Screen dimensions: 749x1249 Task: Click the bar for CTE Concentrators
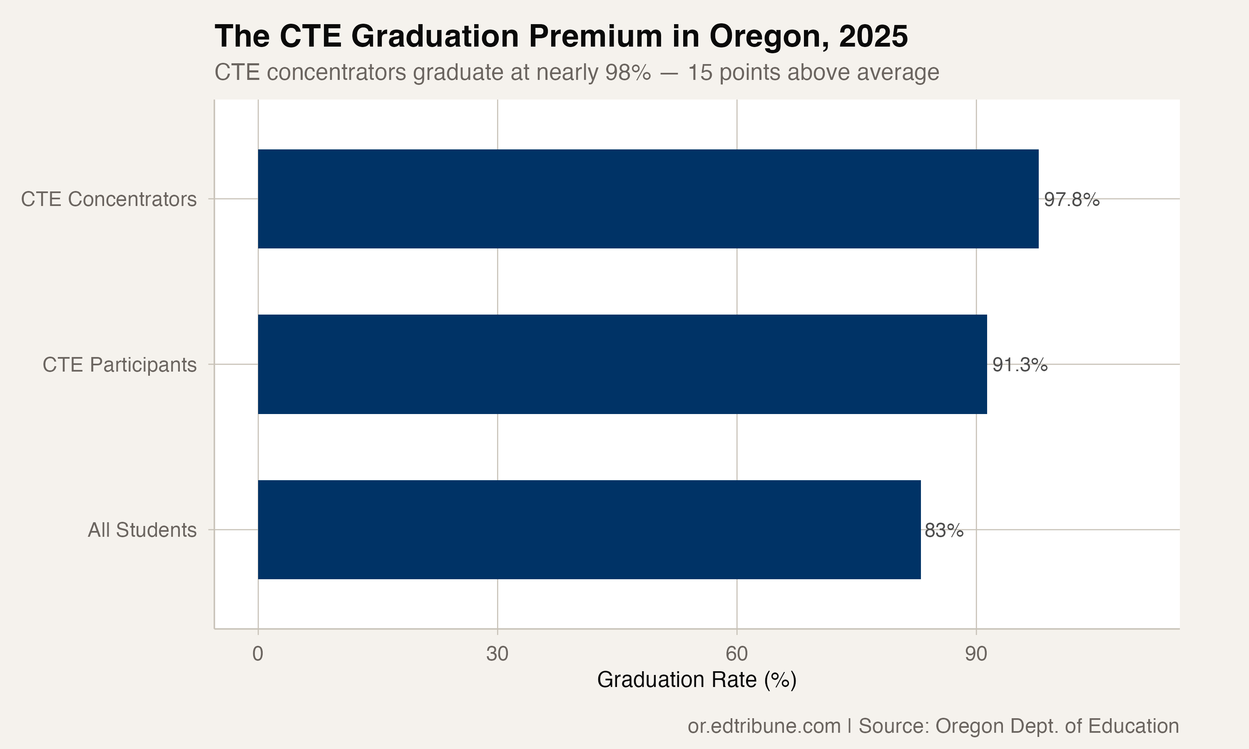(648, 199)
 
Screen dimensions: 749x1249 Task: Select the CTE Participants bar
(622, 364)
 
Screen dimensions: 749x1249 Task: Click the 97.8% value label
(1071, 200)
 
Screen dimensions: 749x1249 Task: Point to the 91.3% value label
(1020, 365)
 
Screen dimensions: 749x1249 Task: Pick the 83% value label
(943, 531)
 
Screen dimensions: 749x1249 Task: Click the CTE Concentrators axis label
(109, 199)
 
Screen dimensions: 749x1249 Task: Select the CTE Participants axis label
(119, 365)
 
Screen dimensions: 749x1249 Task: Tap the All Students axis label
(142, 530)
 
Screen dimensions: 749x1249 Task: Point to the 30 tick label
(497, 654)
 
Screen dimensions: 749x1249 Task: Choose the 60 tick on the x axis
(736, 654)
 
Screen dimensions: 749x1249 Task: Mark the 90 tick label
(975, 654)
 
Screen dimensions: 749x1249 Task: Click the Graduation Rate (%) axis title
(696, 680)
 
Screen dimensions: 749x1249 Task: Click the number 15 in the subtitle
(699, 72)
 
